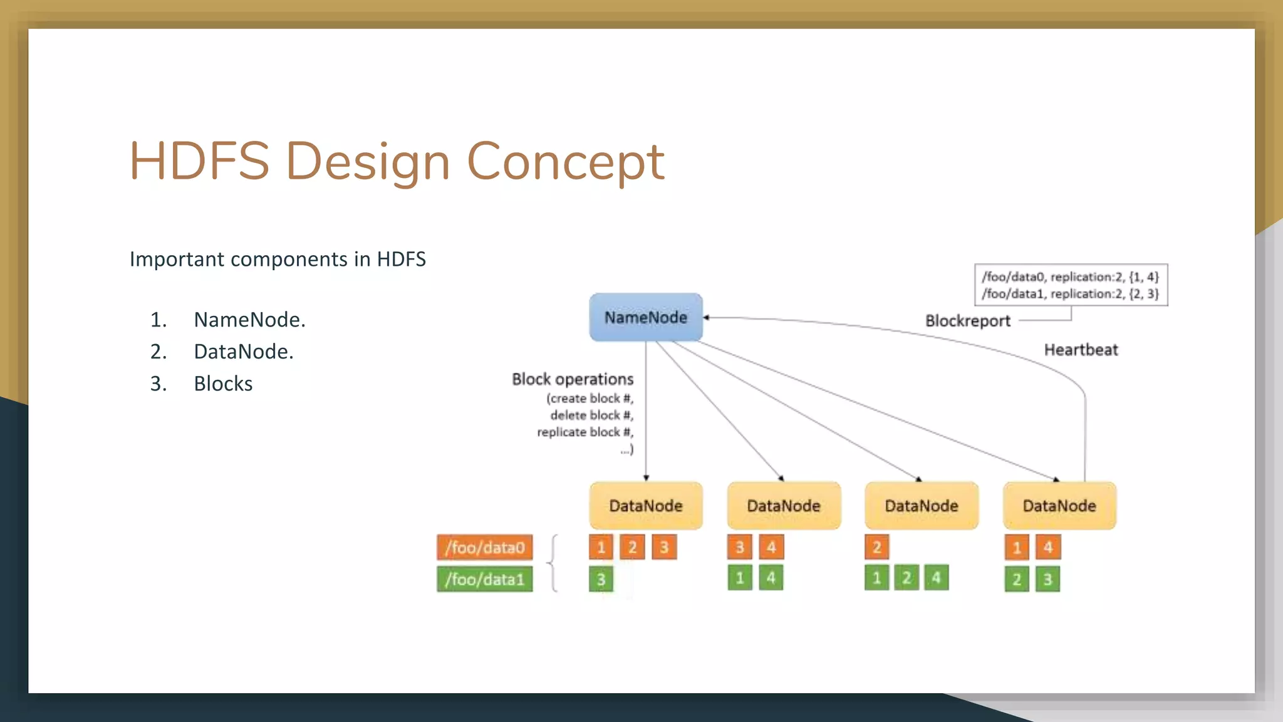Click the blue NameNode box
click(646, 317)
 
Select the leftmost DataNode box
click(646, 505)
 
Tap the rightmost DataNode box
click(1059, 505)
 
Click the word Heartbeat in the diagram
click(1081, 350)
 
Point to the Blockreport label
click(968, 321)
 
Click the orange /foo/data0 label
click(485, 547)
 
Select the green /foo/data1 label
click(485, 579)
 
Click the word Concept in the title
click(565, 162)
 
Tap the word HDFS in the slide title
click(199, 162)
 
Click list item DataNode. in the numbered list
click(244, 352)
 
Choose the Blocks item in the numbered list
click(223, 384)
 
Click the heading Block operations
click(573, 379)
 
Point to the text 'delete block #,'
click(592, 415)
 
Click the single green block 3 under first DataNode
click(601, 579)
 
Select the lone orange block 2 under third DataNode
click(876, 547)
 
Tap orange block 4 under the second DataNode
click(771, 547)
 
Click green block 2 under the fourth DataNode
click(1017, 579)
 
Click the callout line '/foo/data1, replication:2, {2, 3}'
click(1070, 294)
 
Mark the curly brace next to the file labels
click(553, 563)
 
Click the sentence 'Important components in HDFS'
click(278, 259)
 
